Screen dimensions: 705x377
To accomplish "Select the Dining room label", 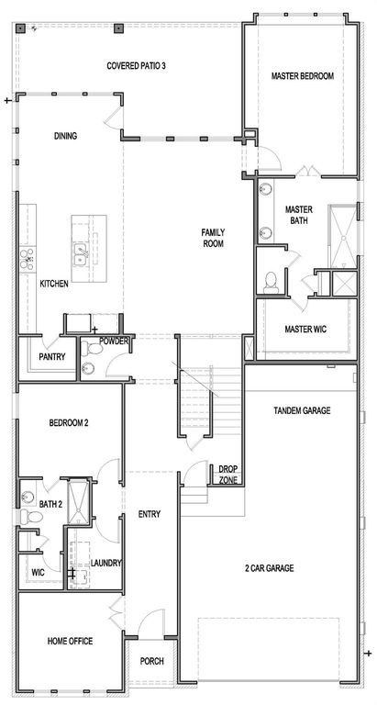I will [65, 136].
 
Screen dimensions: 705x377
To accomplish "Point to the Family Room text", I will [214, 238].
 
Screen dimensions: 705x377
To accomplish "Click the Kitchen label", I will [54, 284].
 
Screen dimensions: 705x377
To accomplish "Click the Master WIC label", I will [305, 329].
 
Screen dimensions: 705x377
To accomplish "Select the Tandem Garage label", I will [303, 410].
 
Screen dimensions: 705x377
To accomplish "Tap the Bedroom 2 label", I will [68, 422].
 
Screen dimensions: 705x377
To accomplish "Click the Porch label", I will [152, 661].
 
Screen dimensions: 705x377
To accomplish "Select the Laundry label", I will [107, 563].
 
